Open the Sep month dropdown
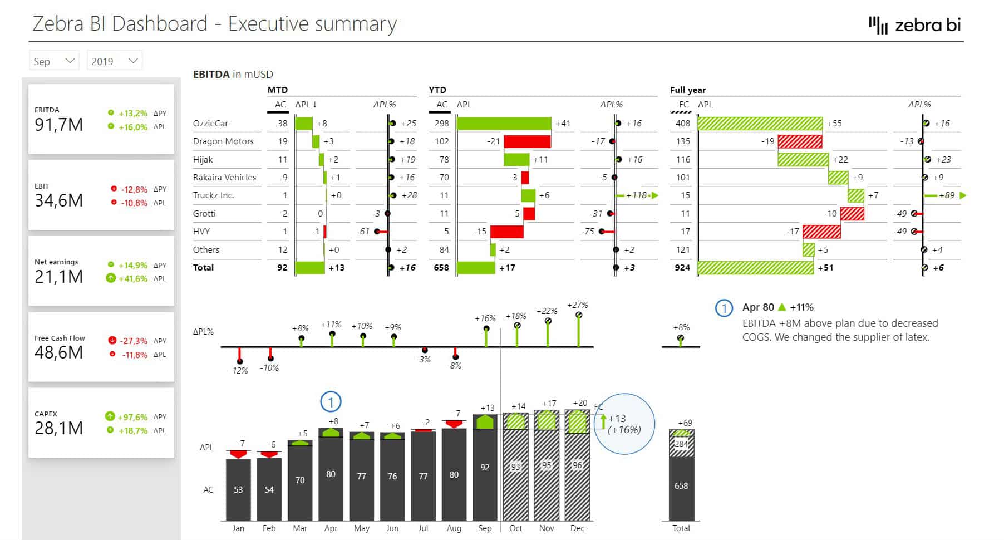point(54,61)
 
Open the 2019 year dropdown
point(114,61)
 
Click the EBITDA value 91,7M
point(58,125)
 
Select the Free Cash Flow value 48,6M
point(58,352)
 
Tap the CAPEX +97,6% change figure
point(132,417)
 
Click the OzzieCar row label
point(210,124)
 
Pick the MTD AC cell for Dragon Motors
point(283,141)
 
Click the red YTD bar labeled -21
point(526,141)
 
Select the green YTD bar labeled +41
point(504,124)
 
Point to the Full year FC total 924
point(682,268)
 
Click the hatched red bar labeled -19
point(800,141)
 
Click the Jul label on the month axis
point(423,528)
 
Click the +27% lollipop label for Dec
point(578,305)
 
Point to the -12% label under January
point(238,371)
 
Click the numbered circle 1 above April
point(331,402)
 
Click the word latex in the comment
point(916,337)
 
